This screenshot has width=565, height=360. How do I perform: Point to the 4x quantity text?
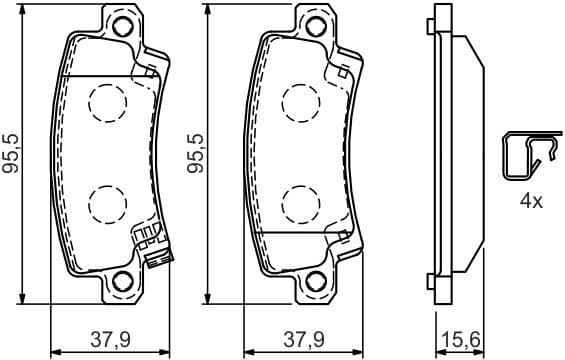[x=531, y=201]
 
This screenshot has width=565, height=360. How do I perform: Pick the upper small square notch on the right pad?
[x=345, y=71]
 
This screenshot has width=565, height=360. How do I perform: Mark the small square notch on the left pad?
[x=150, y=71]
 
